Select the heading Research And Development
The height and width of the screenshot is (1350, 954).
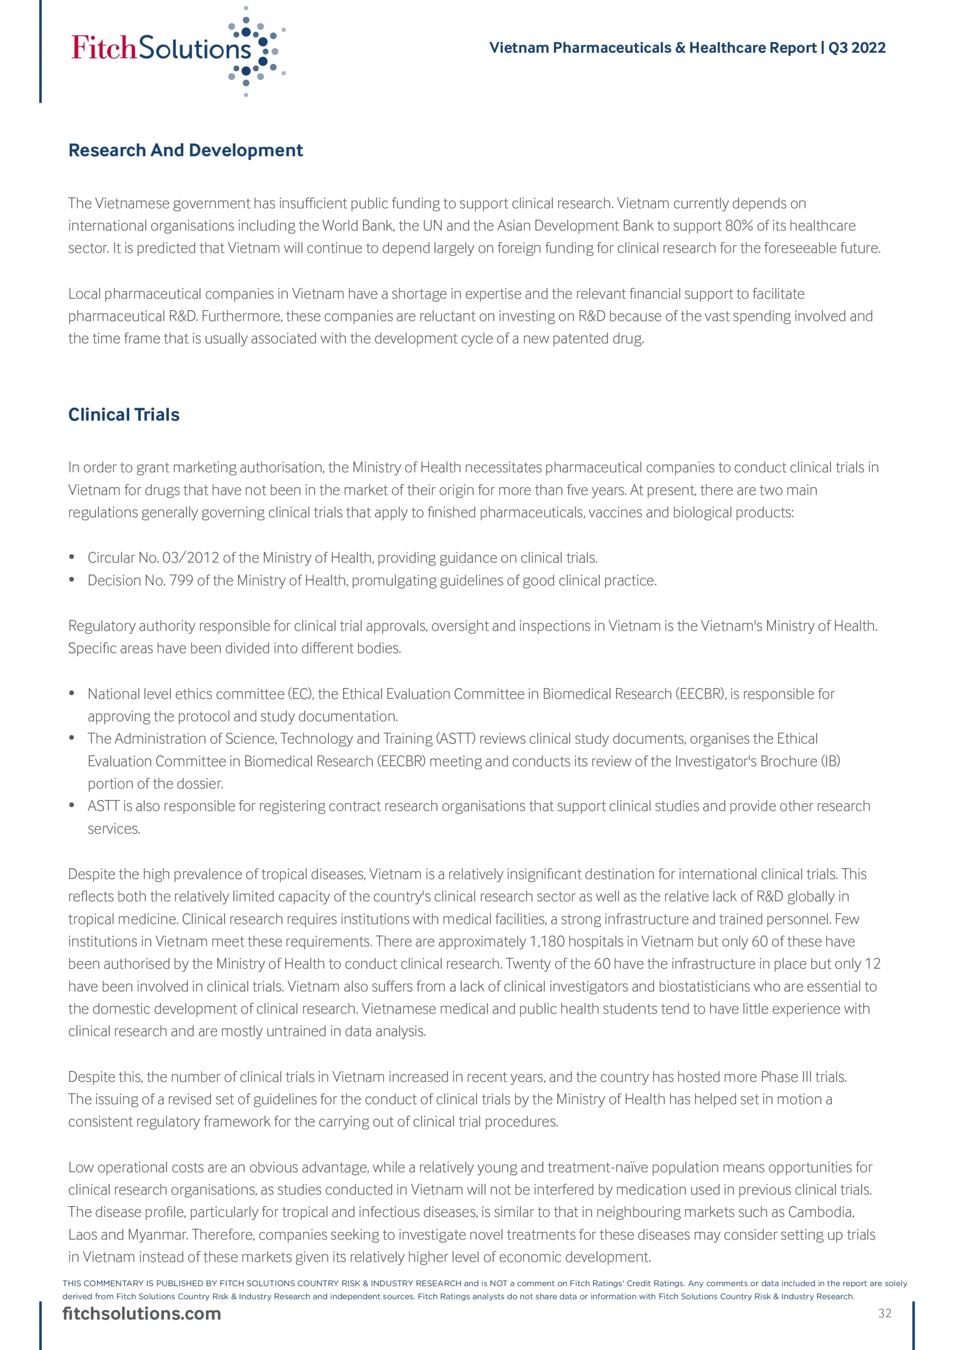(x=186, y=150)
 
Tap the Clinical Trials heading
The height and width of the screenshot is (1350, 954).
(x=124, y=414)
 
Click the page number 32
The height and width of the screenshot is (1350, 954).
(x=884, y=1313)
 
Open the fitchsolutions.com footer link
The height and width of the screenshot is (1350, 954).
(x=142, y=1313)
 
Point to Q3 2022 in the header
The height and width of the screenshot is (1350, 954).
(x=856, y=47)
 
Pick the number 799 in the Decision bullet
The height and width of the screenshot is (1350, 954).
(x=181, y=580)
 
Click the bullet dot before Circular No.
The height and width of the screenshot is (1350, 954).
(x=72, y=557)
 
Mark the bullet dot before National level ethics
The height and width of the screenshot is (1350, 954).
(x=72, y=693)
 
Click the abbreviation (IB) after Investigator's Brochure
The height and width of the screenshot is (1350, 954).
(x=830, y=761)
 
